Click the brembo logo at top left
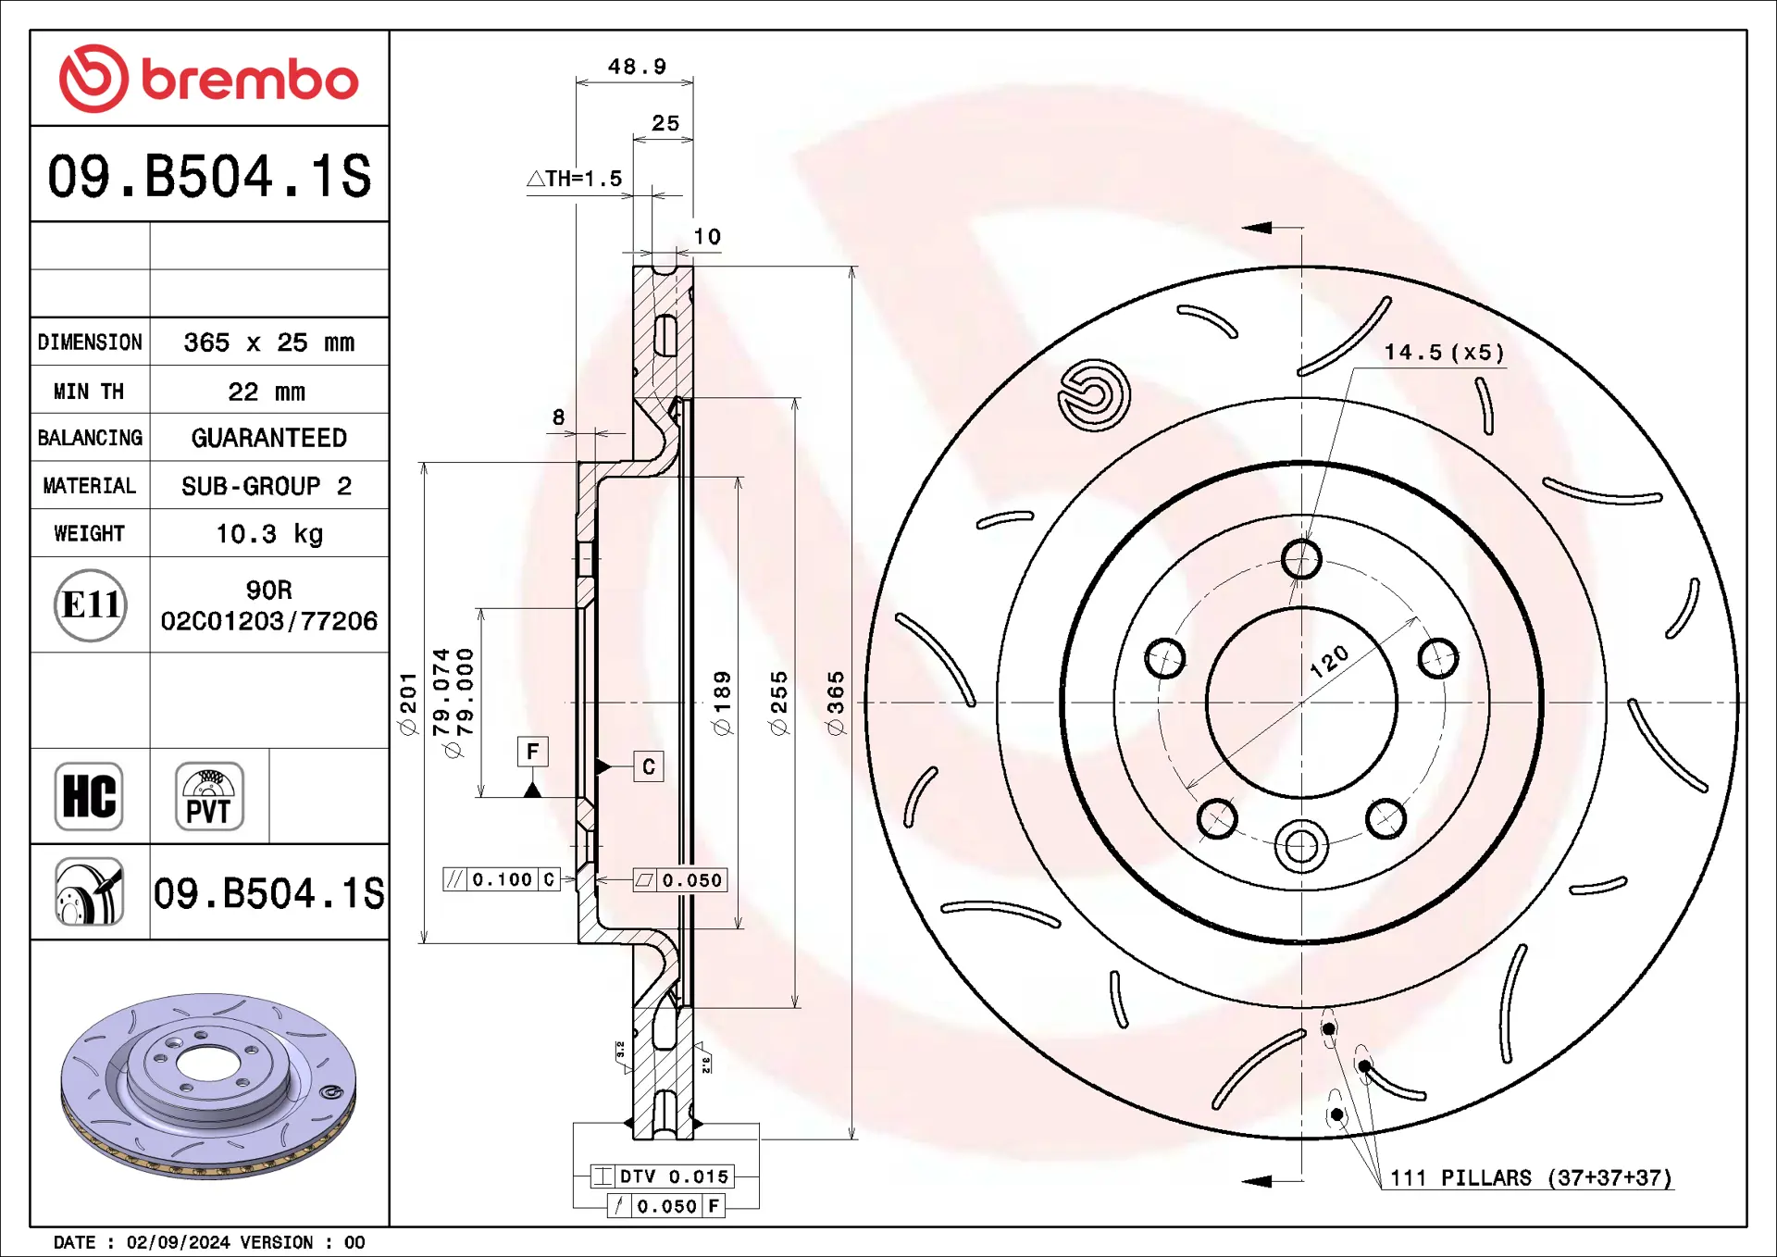(208, 79)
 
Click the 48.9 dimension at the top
(637, 67)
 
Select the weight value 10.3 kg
(268, 534)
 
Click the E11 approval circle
(90, 605)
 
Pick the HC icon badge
(89, 796)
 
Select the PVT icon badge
(209, 796)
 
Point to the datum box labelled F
(532, 752)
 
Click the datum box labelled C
(648, 766)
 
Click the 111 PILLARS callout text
(1530, 1178)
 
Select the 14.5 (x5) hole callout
(1444, 353)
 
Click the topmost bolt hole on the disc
(1301, 559)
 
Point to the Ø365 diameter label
(836, 703)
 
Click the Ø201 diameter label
(408, 703)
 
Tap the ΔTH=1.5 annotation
(575, 179)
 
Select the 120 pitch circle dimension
(1329, 661)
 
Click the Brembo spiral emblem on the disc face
(1094, 396)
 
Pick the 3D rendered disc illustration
(208, 1085)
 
